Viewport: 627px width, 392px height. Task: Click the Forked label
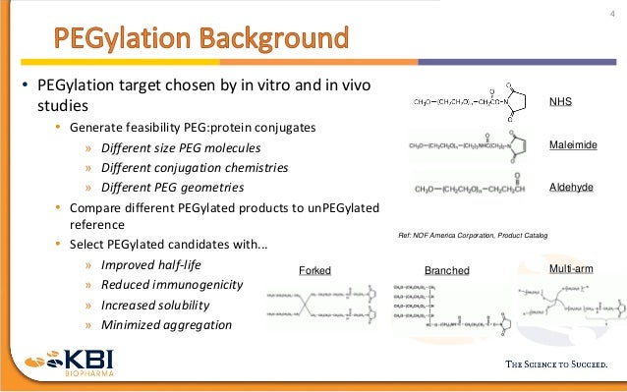pos(314,270)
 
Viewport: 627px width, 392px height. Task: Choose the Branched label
pos(446,270)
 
